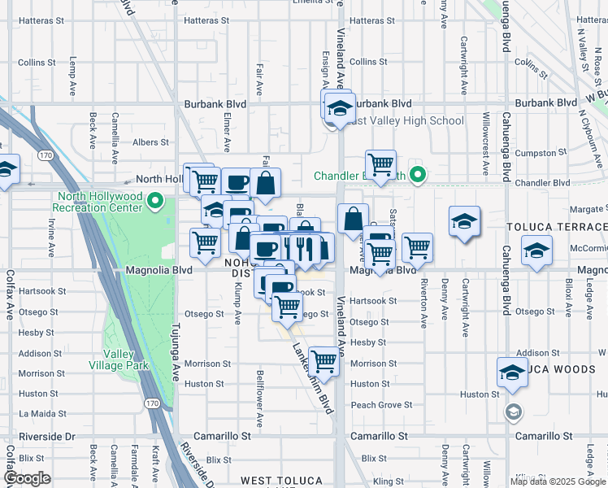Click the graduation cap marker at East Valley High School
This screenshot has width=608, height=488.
pos(340,110)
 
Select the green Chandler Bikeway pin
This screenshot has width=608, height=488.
pos(419,175)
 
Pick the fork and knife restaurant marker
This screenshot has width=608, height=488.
pos(304,246)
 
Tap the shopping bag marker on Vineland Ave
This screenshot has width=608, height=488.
pos(352,220)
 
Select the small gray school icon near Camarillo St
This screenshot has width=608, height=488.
pos(512,412)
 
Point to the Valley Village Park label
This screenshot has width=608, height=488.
pos(125,359)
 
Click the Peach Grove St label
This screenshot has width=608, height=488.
pos(381,404)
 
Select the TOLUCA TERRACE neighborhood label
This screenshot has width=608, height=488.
pos(557,226)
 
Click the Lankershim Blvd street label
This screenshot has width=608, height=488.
pos(314,377)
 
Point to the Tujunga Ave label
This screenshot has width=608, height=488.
pos(175,350)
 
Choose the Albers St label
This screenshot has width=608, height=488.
pos(150,142)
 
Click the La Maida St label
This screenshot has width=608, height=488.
pos(36,414)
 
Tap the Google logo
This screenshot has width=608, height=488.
pos(27,478)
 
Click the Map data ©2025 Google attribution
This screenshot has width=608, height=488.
pos(558,481)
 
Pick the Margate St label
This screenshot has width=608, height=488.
pos(587,208)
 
